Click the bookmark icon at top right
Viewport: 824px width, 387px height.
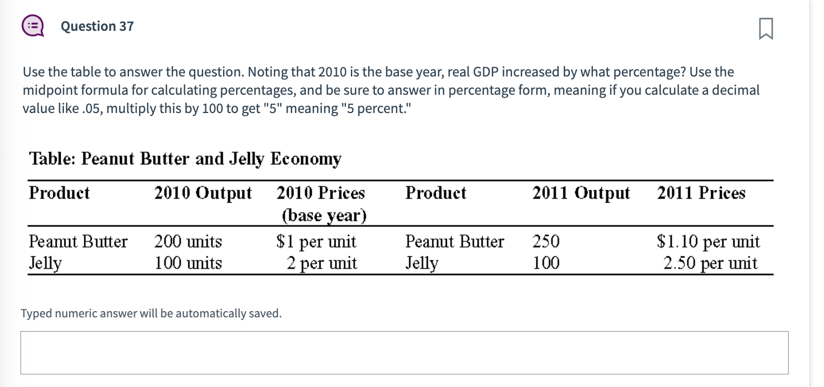[x=766, y=29]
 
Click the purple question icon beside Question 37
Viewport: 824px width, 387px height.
[x=33, y=26]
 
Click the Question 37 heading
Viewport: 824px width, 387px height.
[x=97, y=26]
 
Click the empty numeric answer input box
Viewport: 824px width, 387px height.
[x=404, y=353]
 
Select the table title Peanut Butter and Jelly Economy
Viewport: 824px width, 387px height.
[x=185, y=159]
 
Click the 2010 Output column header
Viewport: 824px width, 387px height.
[x=203, y=193]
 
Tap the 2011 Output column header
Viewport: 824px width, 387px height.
[x=581, y=193]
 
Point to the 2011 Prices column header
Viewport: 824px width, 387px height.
[x=701, y=193]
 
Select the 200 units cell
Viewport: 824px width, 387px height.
[x=188, y=242]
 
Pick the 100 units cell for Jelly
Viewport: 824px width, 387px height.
[x=188, y=264]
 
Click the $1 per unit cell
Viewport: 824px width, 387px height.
[x=316, y=242]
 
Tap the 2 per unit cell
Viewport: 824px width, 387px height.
[x=322, y=264]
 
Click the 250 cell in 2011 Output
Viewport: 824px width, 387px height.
[x=546, y=242]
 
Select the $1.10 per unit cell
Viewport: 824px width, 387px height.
[x=708, y=242]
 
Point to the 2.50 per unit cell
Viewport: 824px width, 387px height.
[x=710, y=264]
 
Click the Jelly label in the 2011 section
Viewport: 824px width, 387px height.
[x=422, y=264]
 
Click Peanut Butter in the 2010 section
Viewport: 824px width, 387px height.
[x=78, y=242]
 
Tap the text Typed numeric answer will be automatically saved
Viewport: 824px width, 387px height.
[x=151, y=313]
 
